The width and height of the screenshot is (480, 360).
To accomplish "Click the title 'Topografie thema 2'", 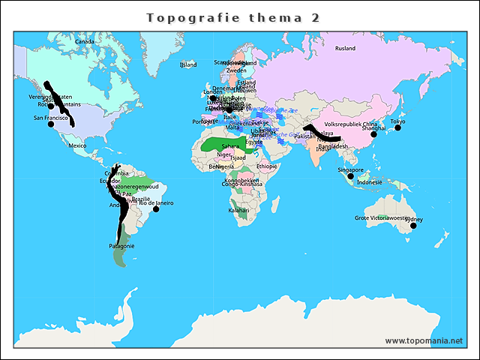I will [232, 17].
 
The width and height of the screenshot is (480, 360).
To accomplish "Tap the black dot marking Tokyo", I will [397, 128].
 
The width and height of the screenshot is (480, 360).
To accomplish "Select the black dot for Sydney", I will [412, 225].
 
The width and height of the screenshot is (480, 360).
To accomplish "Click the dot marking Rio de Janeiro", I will [156, 209].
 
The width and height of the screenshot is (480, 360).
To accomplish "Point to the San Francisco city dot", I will [51, 124].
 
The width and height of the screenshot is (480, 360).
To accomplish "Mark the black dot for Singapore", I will [350, 176].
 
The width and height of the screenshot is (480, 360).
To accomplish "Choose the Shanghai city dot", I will [373, 134].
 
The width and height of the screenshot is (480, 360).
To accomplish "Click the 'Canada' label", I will [85, 42].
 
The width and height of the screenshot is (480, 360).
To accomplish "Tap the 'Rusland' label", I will [345, 49].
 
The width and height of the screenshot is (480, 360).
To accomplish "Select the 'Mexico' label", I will [77, 145].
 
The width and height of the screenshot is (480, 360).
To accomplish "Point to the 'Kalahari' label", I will [238, 211].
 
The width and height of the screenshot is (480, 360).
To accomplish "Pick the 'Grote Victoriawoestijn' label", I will [382, 218].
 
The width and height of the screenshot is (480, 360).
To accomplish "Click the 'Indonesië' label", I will [370, 182].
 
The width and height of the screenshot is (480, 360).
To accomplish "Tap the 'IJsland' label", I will [187, 65].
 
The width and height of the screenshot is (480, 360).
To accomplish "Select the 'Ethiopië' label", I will [266, 166].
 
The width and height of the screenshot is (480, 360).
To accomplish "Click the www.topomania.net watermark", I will [424, 340].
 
